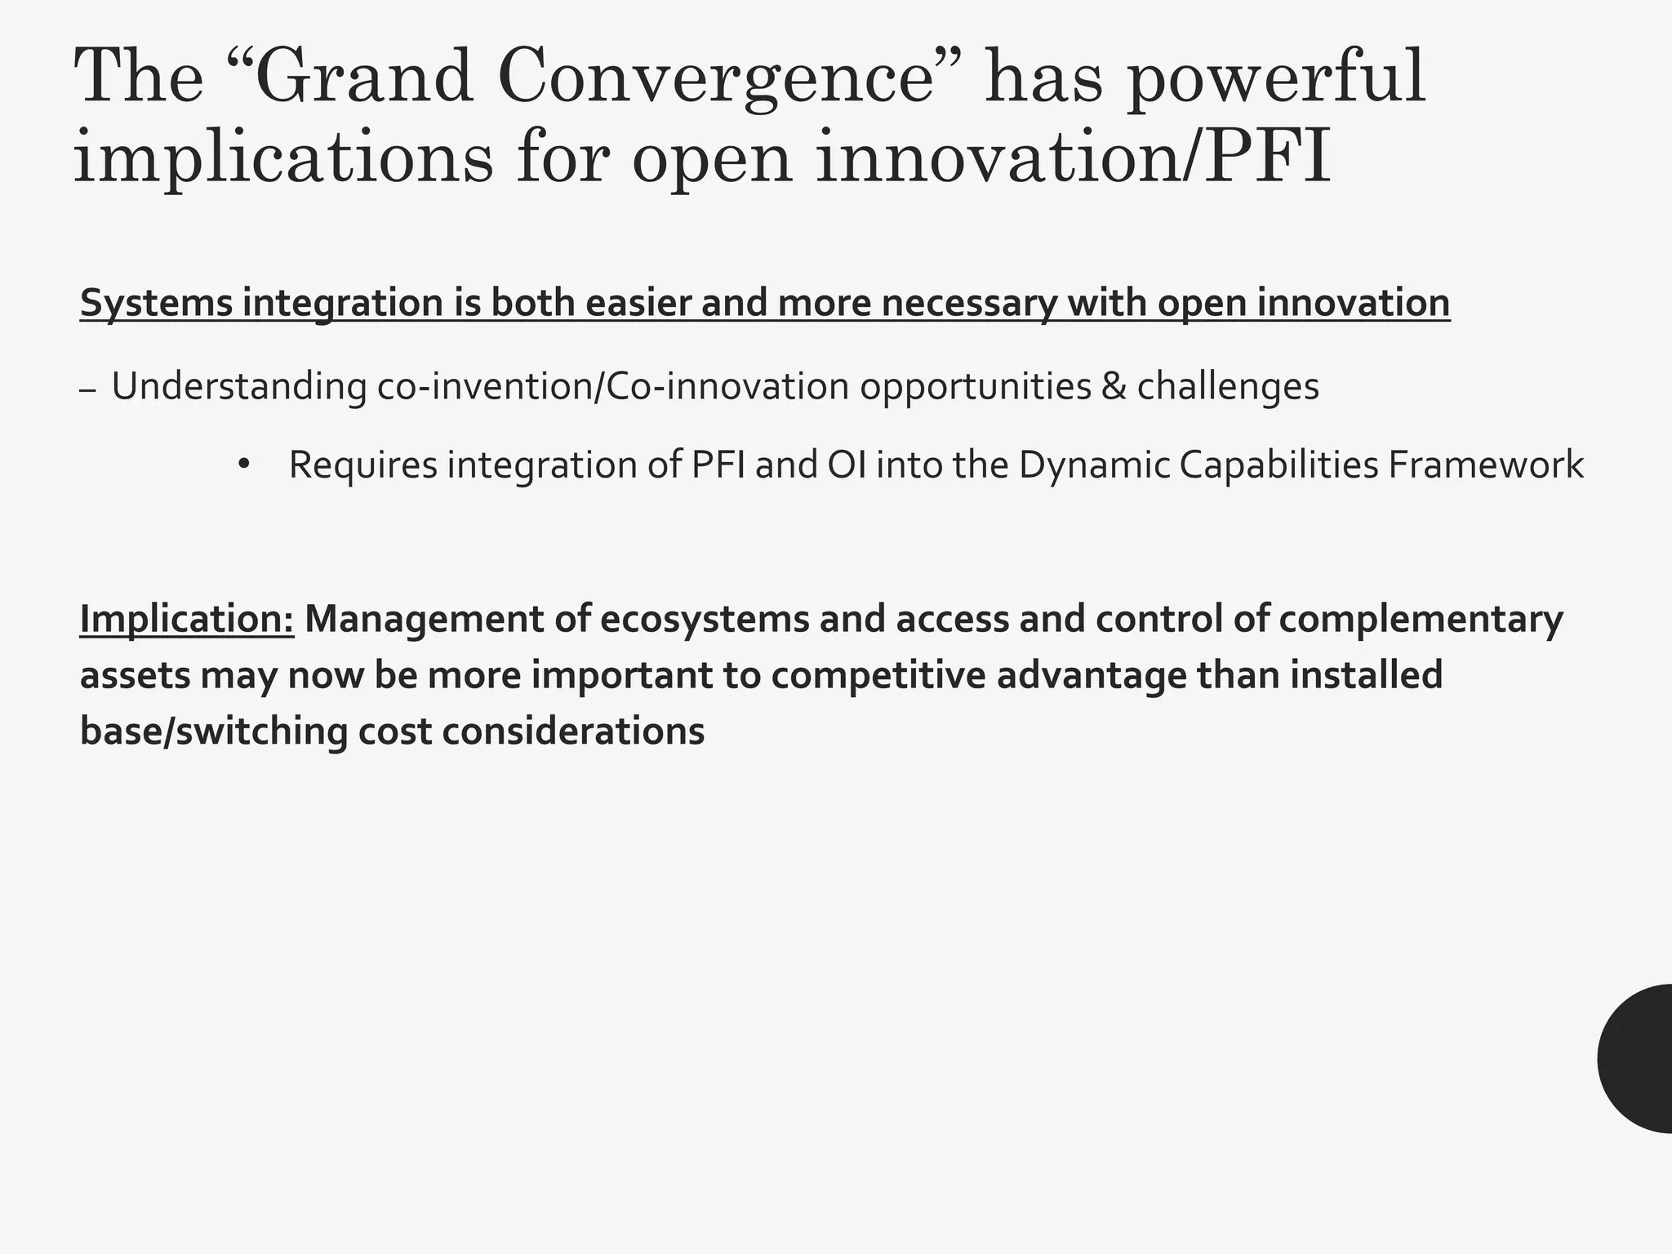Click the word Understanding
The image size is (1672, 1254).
238,386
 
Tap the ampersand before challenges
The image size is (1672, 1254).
1113,386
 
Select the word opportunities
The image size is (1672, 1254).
975,386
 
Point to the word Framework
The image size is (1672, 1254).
1485,465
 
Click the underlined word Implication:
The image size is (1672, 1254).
187,619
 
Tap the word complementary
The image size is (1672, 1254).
1421,619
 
